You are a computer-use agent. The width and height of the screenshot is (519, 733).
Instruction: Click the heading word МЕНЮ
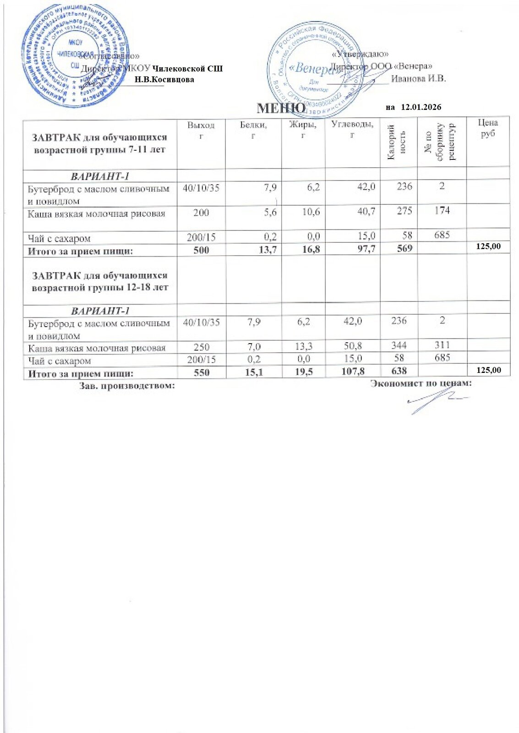(281, 108)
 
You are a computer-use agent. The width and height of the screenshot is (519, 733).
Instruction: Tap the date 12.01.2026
(421, 107)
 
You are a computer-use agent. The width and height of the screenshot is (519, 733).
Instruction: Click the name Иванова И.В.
(418, 78)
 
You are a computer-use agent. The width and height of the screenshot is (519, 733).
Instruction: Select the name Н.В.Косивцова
(164, 79)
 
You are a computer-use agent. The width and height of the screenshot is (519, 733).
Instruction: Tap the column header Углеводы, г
(352, 129)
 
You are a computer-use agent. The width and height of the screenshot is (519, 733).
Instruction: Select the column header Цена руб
(487, 128)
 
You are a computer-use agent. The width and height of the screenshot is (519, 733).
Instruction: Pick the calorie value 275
(404, 211)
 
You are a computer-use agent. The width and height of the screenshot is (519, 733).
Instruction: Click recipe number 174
(442, 210)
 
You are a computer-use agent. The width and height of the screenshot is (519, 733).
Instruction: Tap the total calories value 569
(404, 248)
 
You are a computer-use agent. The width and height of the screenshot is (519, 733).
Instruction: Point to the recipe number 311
(442, 345)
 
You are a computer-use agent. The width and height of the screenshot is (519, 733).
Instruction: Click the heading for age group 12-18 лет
(99, 282)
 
